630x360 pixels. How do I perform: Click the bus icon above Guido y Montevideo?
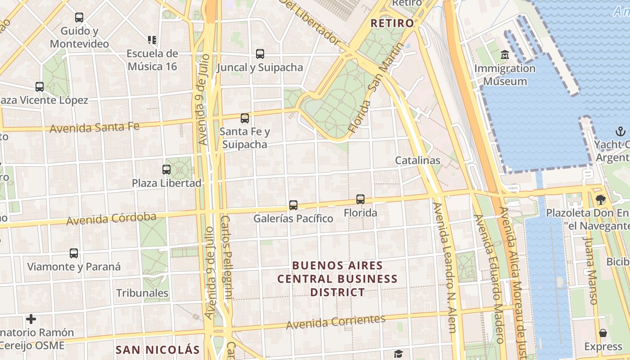(79, 18)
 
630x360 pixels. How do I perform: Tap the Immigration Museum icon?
(505, 55)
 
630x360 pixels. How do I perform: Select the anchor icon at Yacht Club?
(621, 131)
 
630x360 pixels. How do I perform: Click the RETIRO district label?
(392, 23)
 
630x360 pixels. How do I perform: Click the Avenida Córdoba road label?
(111, 219)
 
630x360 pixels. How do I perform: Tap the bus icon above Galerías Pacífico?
(293, 205)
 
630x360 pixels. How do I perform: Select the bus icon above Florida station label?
(360, 199)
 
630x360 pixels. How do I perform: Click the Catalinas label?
(418, 160)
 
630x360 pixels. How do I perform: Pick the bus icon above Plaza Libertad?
(166, 170)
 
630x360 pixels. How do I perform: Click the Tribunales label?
(142, 293)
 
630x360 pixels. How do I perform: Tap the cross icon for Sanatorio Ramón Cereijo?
(31, 319)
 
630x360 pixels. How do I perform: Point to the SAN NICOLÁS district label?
(157, 350)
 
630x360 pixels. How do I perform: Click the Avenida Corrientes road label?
(336, 322)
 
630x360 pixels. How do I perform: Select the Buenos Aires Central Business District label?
(337, 279)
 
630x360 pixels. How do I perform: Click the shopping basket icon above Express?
(603, 333)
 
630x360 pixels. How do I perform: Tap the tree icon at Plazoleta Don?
(600, 199)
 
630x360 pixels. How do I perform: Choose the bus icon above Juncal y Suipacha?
(260, 54)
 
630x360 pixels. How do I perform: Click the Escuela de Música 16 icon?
(152, 40)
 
